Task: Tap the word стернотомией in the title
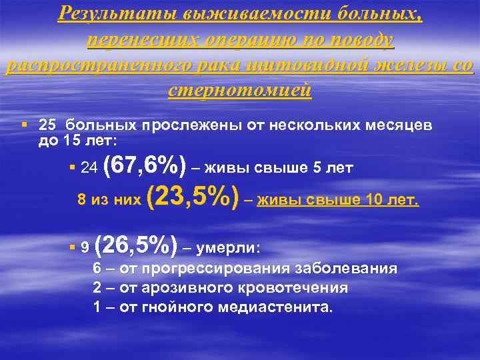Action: point(240,90)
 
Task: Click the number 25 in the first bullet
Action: point(47,125)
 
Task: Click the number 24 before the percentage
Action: point(89,169)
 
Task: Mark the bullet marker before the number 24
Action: point(71,169)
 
